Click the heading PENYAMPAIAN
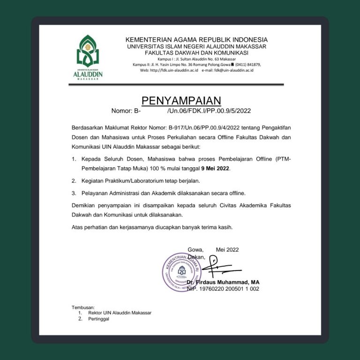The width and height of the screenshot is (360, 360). [181, 101]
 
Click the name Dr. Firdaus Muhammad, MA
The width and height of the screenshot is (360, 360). [223, 283]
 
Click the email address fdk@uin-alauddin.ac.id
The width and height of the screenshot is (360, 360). [233, 70]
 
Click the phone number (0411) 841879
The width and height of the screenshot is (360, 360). [245, 64]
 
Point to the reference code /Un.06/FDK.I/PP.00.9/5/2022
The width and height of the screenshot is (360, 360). [209, 111]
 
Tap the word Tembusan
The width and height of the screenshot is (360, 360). [83, 307]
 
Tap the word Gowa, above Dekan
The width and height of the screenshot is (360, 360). [195, 250]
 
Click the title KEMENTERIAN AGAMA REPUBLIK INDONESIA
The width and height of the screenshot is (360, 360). [196, 40]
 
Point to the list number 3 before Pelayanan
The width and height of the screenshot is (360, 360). [74, 193]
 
